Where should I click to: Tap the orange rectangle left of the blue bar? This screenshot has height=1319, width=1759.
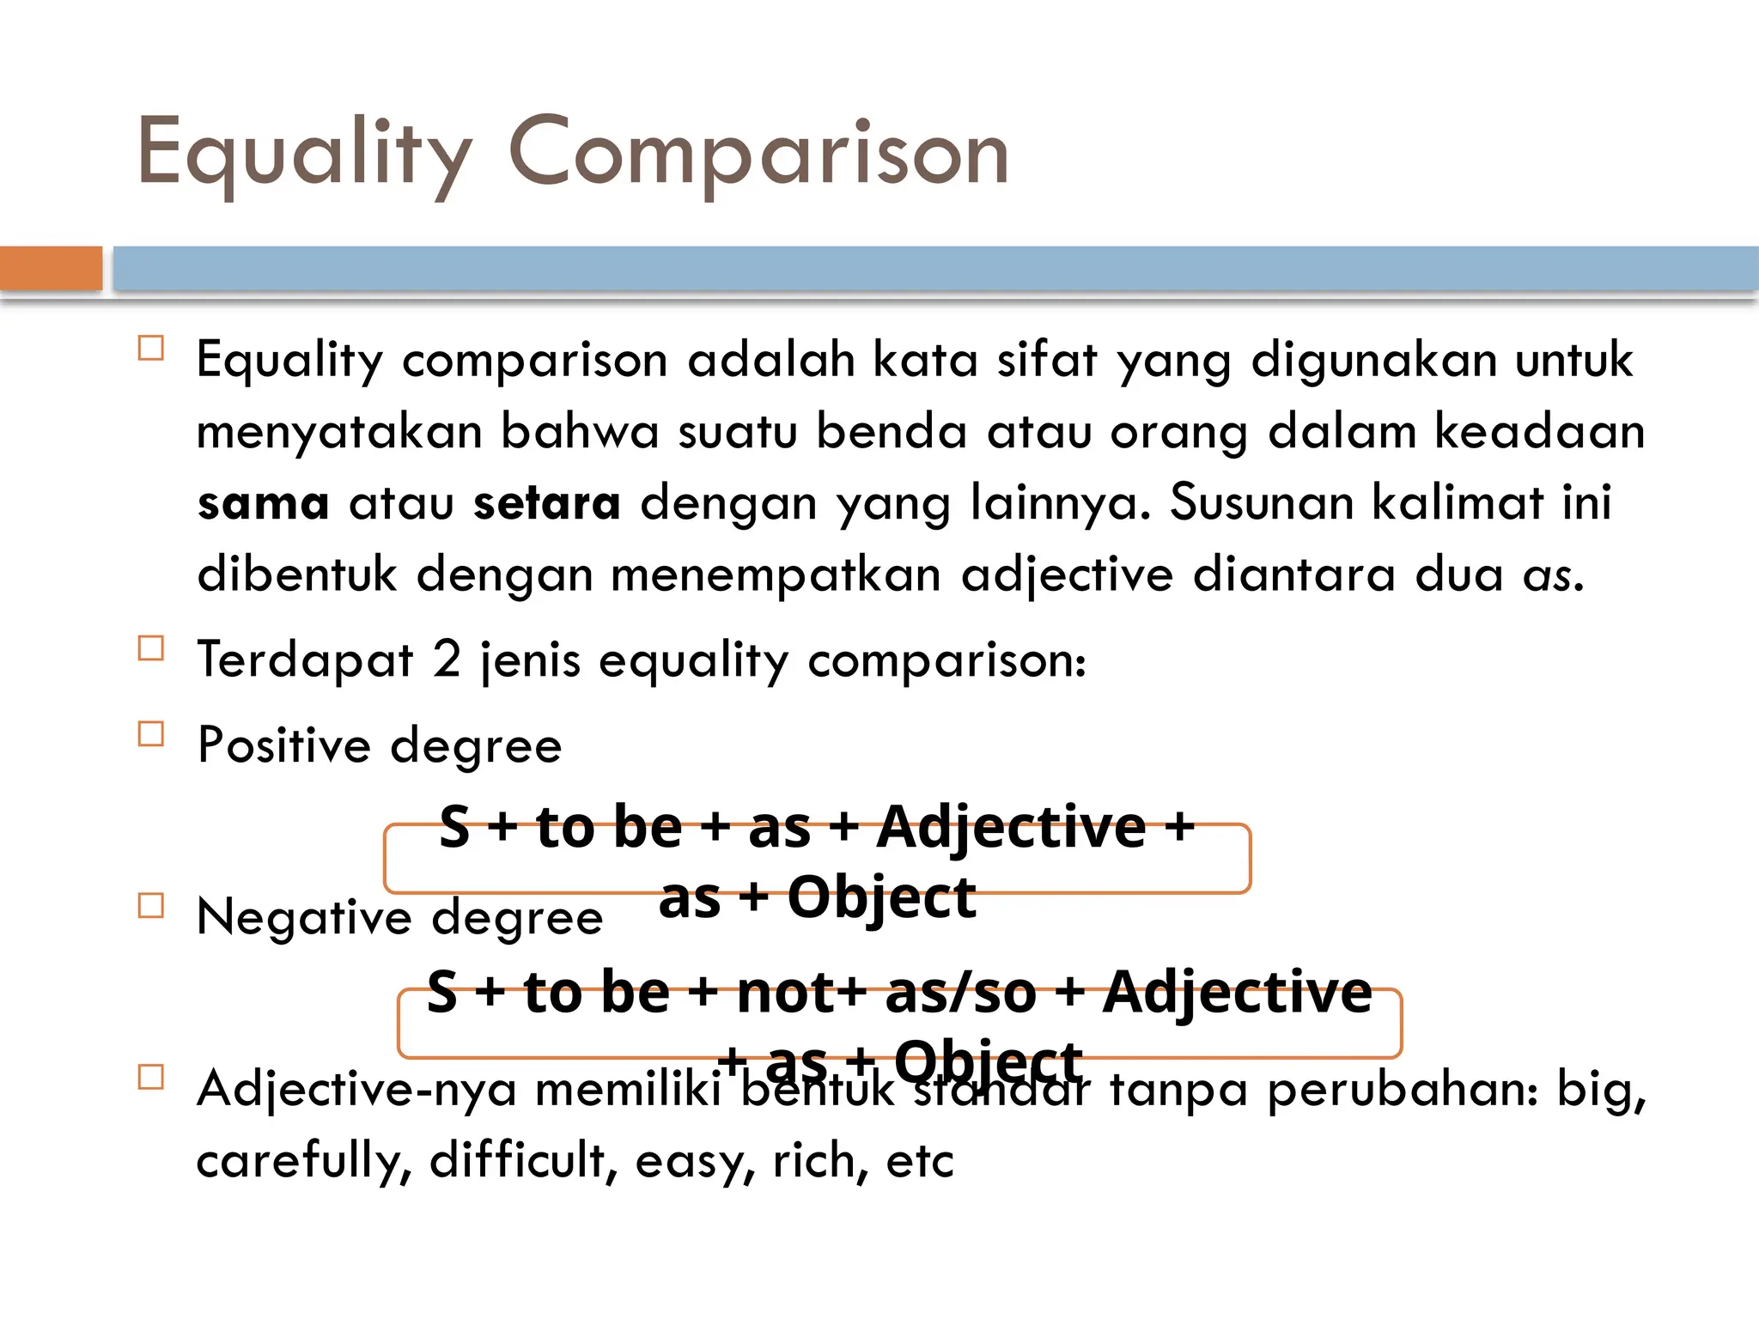point(51,268)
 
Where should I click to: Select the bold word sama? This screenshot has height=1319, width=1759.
point(264,503)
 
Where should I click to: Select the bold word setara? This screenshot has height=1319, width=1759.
point(547,503)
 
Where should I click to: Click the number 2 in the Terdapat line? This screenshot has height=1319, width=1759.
point(447,659)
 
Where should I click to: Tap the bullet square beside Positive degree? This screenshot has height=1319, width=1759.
point(151,734)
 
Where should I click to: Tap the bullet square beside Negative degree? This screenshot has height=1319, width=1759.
point(151,906)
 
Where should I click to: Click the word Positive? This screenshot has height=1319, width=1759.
point(284,745)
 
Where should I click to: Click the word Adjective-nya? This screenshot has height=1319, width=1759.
point(356,1089)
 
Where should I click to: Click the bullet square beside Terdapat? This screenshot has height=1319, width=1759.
point(151,648)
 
